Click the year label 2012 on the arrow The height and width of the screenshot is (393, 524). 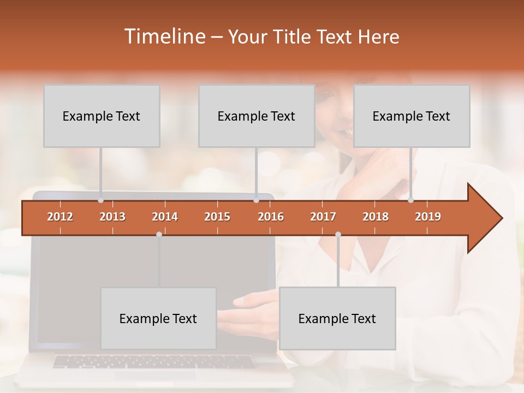[x=60, y=217]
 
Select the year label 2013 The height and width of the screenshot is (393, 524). [x=112, y=217]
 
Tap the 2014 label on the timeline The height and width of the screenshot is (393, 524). [x=165, y=217]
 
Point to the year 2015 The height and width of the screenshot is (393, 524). [x=217, y=217]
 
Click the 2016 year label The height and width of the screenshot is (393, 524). [x=271, y=217]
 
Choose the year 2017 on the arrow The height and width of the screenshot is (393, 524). [x=323, y=217]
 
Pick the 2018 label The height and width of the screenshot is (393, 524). [x=376, y=217]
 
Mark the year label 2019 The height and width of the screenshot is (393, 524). [x=428, y=217]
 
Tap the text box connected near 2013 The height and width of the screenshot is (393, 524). [x=102, y=116]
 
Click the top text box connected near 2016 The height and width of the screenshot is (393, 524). [x=257, y=116]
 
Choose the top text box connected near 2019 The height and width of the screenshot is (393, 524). [x=412, y=116]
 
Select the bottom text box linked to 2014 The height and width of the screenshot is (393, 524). [x=158, y=318]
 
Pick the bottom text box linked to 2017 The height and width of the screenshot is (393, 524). [x=337, y=318]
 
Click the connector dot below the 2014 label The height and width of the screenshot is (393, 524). [x=159, y=234]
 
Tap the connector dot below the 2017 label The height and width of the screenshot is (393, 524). [x=338, y=234]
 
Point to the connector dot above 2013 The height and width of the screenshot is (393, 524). [x=100, y=200]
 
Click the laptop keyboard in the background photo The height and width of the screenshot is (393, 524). [x=153, y=361]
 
